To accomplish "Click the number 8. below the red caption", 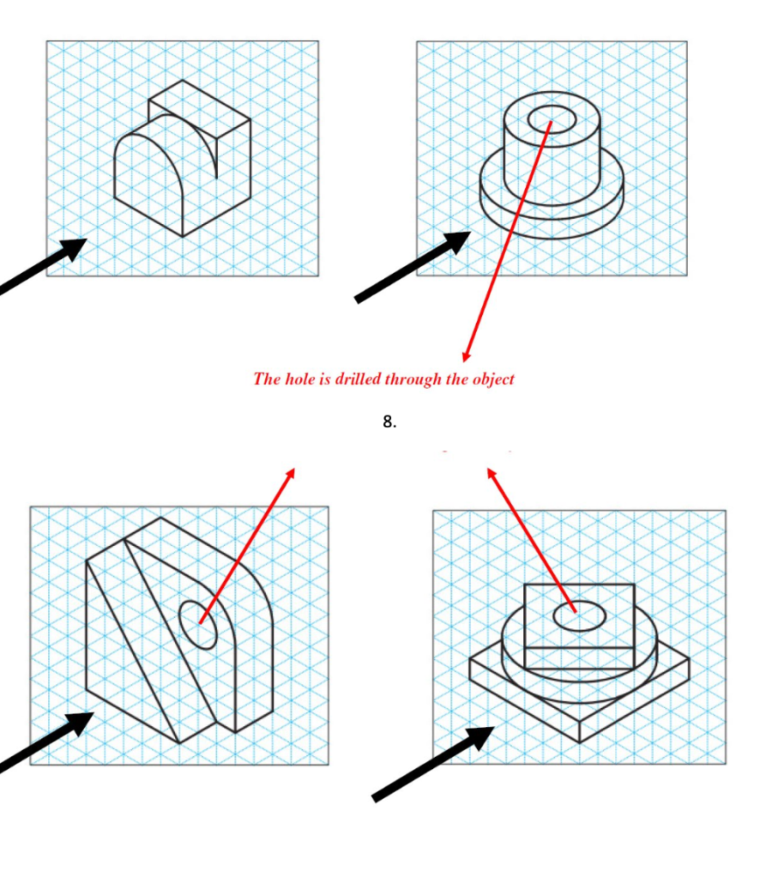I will point(389,422).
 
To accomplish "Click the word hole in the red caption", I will point(298,379).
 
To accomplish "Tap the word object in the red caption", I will point(493,379).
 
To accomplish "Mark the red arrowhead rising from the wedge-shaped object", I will point(290,473).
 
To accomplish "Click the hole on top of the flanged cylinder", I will point(551,116).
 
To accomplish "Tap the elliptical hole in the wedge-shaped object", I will point(199,625).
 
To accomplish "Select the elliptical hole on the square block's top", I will point(579,616).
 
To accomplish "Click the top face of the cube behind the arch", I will point(199,102).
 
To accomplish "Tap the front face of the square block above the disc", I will point(577,658).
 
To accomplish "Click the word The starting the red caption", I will point(266,379).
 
